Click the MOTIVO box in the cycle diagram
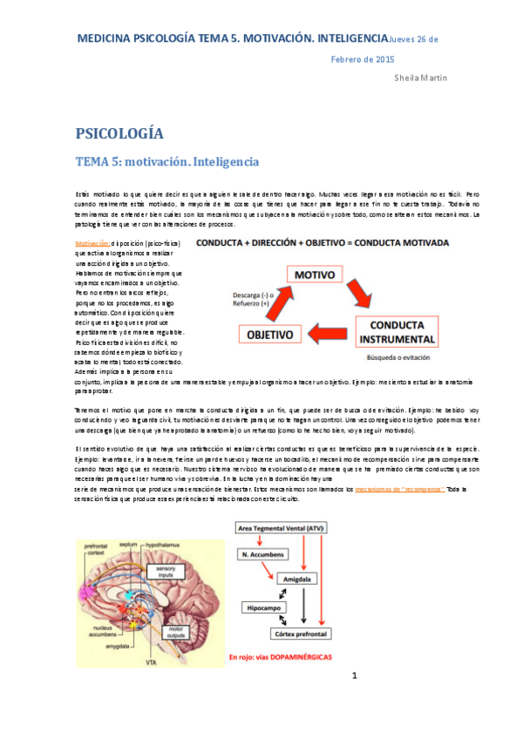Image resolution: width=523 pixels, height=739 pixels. [319, 275]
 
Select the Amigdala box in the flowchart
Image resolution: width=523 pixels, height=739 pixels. [315, 578]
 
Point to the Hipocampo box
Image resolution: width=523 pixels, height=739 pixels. [268, 605]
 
